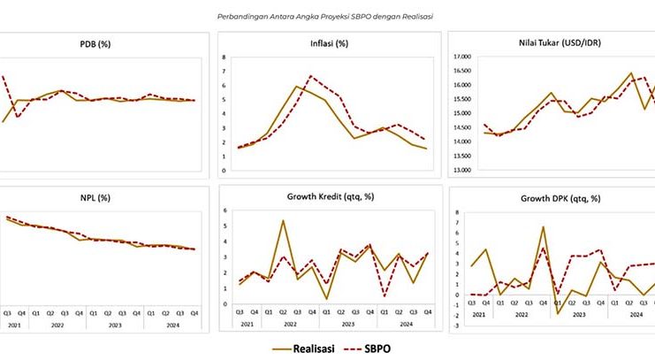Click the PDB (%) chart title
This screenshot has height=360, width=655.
pyautogui.click(x=95, y=43)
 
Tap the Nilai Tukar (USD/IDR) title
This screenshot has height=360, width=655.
pyautogui.click(x=550, y=43)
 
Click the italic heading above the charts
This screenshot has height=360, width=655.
pyautogui.click(x=326, y=15)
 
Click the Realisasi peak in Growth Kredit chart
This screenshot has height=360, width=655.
pyautogui.click(x=282, y=220)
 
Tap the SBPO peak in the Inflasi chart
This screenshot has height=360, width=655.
pyautogui.click(x=310, y=77)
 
